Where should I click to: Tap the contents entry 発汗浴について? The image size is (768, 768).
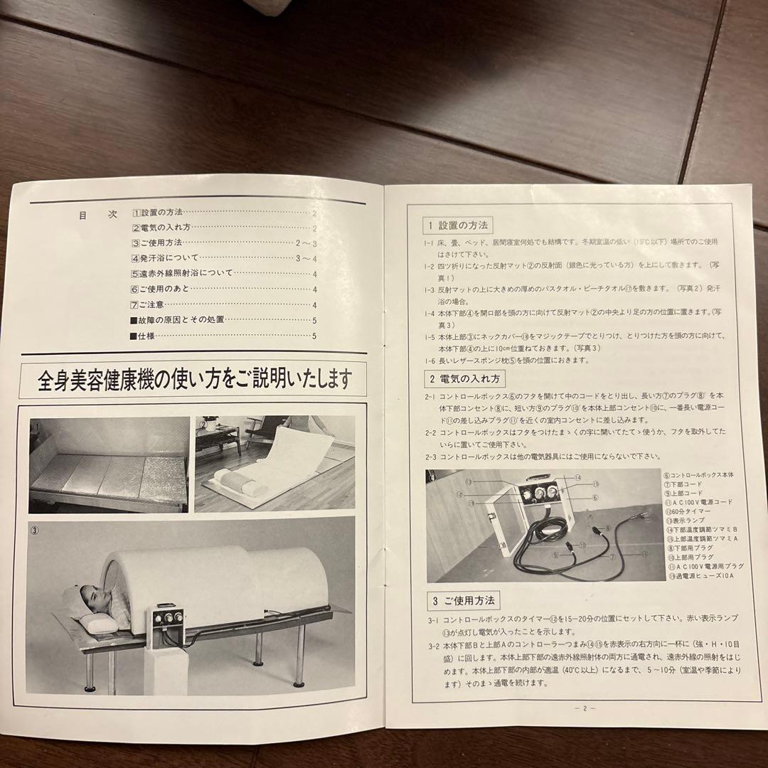tap(165, 258)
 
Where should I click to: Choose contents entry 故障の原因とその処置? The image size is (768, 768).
tap(178, 320)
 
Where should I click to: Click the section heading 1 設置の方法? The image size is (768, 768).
tap(455, 225)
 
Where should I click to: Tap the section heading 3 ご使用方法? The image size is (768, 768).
tap(462, 601)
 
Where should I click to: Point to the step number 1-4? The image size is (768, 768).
tap(430, 313)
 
